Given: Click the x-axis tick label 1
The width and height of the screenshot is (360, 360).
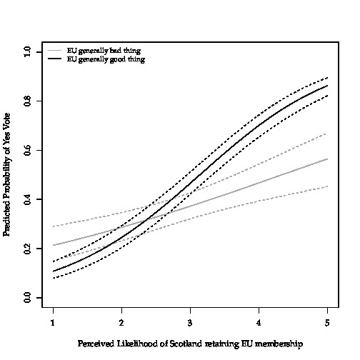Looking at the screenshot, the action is coord(53,323).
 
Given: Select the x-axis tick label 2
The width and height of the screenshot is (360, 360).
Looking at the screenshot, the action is coord(121,323).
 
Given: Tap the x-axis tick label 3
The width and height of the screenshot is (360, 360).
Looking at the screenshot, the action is coord(190,323).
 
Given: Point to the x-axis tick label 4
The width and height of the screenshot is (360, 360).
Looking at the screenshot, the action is coord(259,323).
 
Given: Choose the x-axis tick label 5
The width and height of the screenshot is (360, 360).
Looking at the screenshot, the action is coord(327,323).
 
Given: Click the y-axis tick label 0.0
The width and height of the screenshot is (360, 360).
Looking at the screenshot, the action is coord(27,298).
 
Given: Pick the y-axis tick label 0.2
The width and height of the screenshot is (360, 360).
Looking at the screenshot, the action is coord(27,249).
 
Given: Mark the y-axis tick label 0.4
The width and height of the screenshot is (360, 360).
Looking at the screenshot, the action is coord(27,199).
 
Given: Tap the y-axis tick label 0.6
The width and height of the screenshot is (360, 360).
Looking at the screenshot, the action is coord(27,150).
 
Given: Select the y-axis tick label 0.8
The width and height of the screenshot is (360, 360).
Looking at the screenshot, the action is coord(27,101).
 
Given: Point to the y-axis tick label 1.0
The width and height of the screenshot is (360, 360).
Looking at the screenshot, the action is coord(27,51).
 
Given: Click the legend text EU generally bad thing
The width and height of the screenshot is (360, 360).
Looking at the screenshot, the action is coord(104,51).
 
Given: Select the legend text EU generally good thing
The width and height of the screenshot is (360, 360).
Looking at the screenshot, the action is coord(106,59).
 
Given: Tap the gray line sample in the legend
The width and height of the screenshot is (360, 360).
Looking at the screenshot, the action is coord(54,51).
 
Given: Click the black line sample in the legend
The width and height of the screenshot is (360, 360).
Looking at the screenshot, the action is coord(54,59).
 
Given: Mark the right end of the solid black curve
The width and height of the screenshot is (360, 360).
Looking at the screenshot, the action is coord(328,86).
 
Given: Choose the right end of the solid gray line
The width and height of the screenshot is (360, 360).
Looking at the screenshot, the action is coord(328,159).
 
